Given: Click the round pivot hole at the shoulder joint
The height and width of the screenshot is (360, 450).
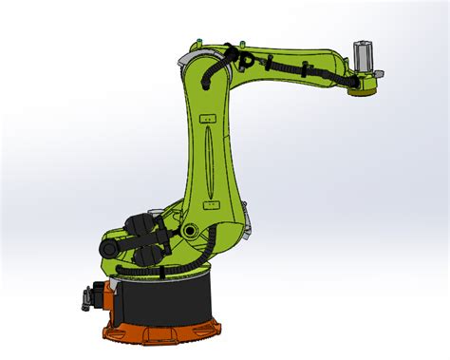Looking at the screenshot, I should click(190, 231).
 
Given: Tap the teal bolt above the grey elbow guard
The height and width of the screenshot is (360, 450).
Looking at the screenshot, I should click(197, 42).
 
